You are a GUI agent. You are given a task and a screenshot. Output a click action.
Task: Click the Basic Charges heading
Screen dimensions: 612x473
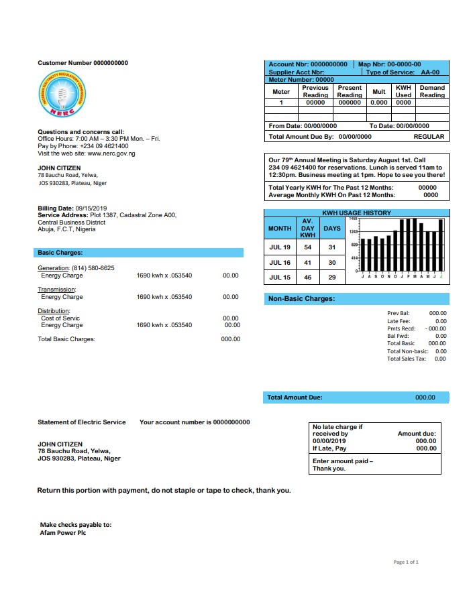60,253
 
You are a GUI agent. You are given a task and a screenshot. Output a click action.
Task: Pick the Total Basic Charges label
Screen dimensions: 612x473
66,339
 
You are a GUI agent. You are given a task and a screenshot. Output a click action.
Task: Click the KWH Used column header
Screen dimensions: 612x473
403,91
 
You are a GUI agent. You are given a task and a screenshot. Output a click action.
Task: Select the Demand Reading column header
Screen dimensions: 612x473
432,91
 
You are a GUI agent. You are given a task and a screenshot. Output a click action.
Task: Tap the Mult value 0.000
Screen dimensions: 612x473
379,103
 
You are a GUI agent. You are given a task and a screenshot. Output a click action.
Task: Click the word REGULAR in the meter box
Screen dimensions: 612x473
429,136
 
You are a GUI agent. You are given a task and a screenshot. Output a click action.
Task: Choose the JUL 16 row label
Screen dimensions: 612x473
280,263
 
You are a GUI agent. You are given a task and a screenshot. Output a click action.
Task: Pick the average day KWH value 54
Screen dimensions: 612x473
307,247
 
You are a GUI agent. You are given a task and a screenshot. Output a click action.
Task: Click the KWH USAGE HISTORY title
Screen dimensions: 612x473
356,213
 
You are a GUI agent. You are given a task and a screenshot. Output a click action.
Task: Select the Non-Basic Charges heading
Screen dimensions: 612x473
301,299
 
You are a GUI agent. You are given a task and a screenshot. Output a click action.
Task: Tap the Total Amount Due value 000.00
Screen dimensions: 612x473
425,397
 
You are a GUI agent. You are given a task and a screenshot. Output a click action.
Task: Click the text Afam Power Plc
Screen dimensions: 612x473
62,533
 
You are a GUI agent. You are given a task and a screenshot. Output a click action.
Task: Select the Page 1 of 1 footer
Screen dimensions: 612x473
405,562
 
